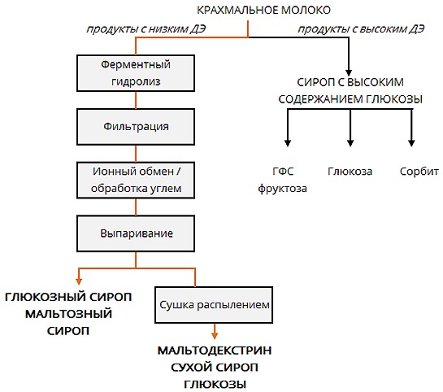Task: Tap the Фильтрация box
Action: click(136, 128)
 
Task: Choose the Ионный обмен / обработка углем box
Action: click(136, 181)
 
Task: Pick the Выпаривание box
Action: click(136, 233)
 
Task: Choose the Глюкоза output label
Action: click(350, 172)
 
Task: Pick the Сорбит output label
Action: click(419, 172)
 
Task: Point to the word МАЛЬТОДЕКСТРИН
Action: click(215, 351)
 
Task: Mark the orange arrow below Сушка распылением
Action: click(215, 330)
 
